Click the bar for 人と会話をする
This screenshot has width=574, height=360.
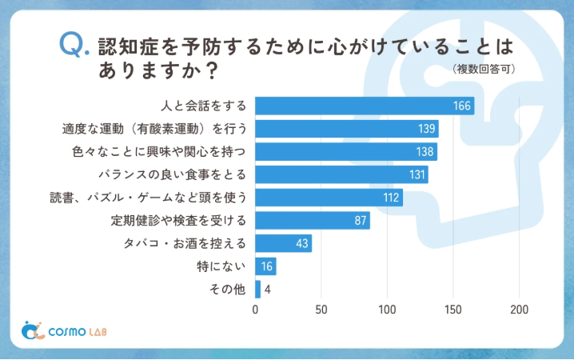(364, 106)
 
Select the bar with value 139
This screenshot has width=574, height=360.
(346, 129)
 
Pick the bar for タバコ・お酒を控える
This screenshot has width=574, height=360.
(283, 244)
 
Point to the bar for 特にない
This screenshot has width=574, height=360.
(265, 266)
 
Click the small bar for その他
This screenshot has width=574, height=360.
(257, 290)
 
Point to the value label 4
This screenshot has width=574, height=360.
(267, 290)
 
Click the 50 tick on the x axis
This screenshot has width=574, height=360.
(321, 310)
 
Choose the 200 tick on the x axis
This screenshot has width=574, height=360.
(520, 310)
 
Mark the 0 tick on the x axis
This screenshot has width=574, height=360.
(255, 310)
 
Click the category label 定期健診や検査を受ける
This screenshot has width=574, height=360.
(183, 220)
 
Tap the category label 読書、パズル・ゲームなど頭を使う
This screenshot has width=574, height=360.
(149, 198)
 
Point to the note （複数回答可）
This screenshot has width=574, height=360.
(483, 70)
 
